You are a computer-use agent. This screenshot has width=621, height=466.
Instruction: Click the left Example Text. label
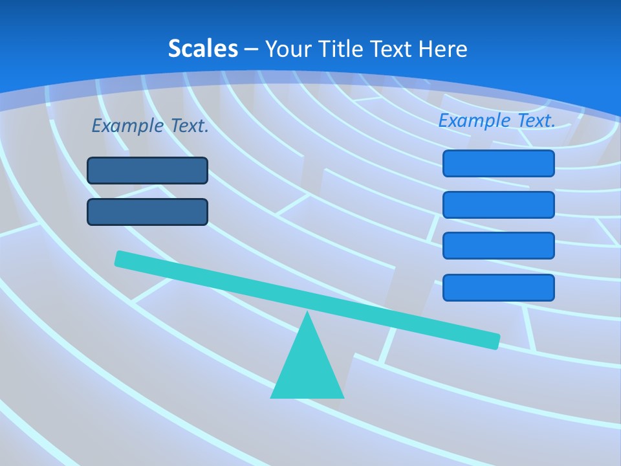pyautogui.click(x=150, y=126)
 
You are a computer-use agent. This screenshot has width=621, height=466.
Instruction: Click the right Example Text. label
pyautogui.click(x=497, y=120)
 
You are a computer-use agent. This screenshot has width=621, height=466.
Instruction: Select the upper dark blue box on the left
pyautogui.click(x=147, y=170)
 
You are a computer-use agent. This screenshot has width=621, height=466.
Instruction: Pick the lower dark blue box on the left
pyautogui.click(x=147, y=212)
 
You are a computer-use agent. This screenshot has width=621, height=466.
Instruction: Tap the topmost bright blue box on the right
pyautogui.click(x=499, y=163)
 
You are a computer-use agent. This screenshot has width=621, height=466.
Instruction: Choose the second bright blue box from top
pyautogui.click(x=499, y=205)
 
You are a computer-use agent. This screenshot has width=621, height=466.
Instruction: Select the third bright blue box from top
pyautogui.click(x=499, y=246)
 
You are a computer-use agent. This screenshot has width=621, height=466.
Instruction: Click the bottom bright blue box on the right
pyautogui.click(x=499, y=287)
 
